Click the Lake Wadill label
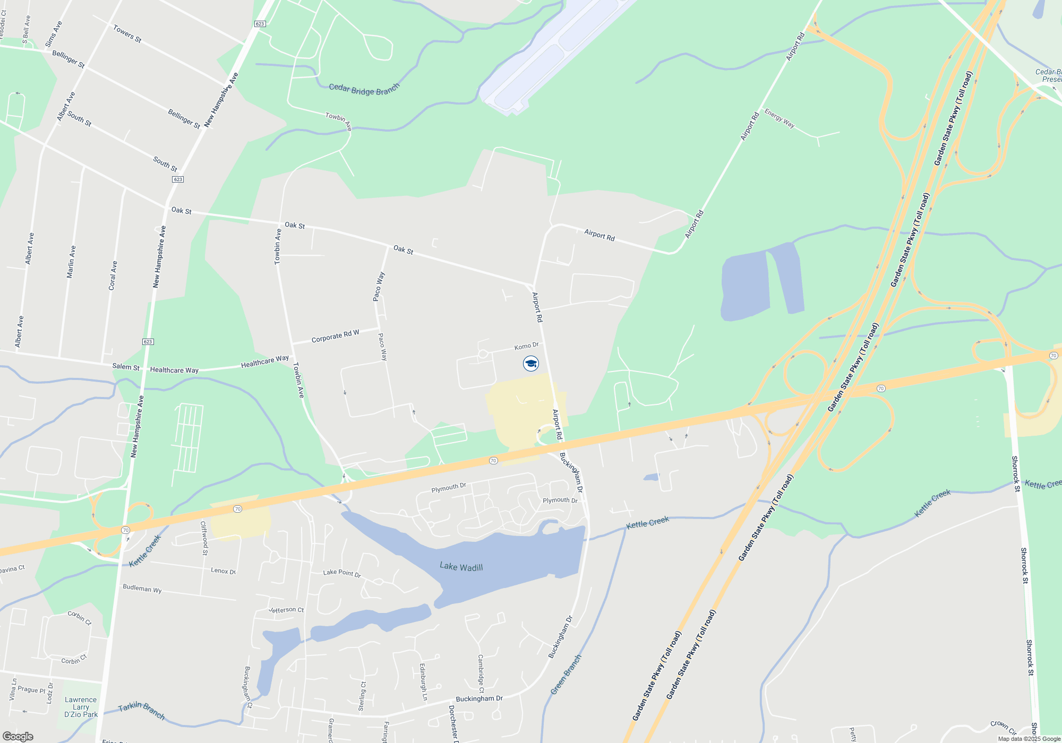tap(461, 567)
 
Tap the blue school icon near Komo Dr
tap(531, 364)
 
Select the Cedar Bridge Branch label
tap(364, 89)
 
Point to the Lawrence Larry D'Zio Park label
tap(81, 707)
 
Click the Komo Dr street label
tap(526, 346)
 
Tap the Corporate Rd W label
tap(335, 336)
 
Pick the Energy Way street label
tap(779, 118)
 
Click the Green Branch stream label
tap(566, 674)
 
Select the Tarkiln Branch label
tap(141, 710)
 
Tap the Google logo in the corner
tap(18, 736)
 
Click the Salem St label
tap(126, 367)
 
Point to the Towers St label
tap(127, 34)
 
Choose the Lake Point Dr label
tap(342, 573)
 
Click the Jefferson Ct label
tap(286, 610)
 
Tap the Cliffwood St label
tap(204, 538)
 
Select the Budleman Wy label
tap(142, 588)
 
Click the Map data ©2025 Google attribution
tap(1029, 739)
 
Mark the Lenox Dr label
tap(223, 571)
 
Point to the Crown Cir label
tap(1003, 727)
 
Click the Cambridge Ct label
tap(481, 673)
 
